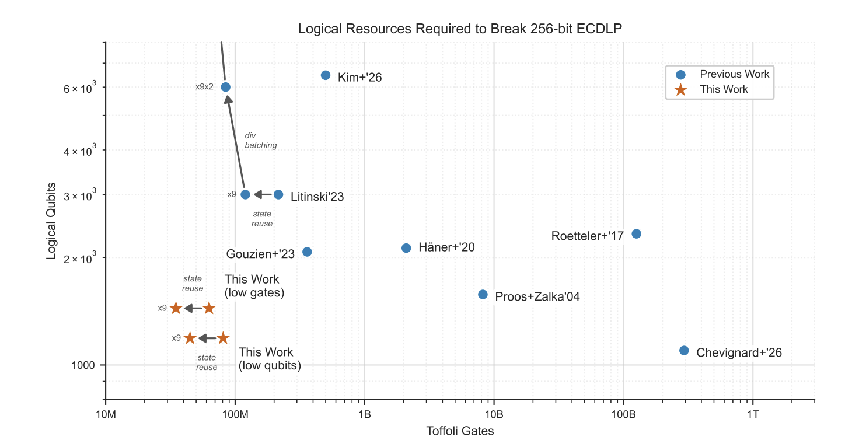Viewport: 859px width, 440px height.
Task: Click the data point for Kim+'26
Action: [326, 75]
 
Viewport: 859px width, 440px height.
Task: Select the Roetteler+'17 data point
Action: [636, 233]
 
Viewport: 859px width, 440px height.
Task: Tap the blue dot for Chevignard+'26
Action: [684, 350]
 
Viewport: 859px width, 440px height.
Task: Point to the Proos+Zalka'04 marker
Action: [483, 294]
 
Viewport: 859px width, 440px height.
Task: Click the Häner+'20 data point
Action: [406, 247]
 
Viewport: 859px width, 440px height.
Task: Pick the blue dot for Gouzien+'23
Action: [307, 252]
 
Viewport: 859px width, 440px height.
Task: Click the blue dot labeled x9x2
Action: [225, 87]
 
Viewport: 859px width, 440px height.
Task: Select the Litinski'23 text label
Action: [317, 197]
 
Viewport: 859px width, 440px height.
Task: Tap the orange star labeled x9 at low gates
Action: [176, 308]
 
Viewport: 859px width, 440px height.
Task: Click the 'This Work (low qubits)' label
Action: [269, 359]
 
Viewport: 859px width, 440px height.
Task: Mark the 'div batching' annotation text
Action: [260, 141]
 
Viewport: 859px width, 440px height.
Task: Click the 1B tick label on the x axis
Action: [365, 414]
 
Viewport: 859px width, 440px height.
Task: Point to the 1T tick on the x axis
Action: [753, 414]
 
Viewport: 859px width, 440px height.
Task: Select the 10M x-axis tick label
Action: [106, 414]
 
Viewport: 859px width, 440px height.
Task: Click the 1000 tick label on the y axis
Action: [83, 365]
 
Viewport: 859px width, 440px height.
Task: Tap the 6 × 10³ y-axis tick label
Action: [79, 88]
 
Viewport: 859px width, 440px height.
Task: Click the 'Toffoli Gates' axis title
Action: [460, 431]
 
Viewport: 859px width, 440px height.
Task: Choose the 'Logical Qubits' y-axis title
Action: [51, 221]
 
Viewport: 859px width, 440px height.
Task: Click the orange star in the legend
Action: [680, 89]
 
